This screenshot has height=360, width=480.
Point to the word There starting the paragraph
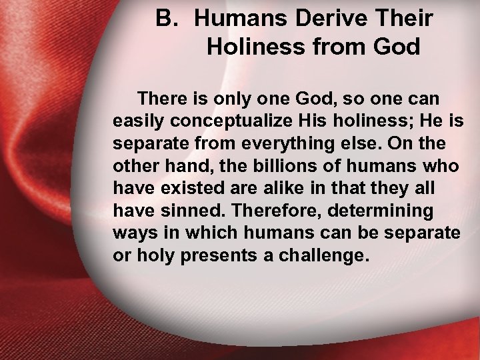tap(161, 98)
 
